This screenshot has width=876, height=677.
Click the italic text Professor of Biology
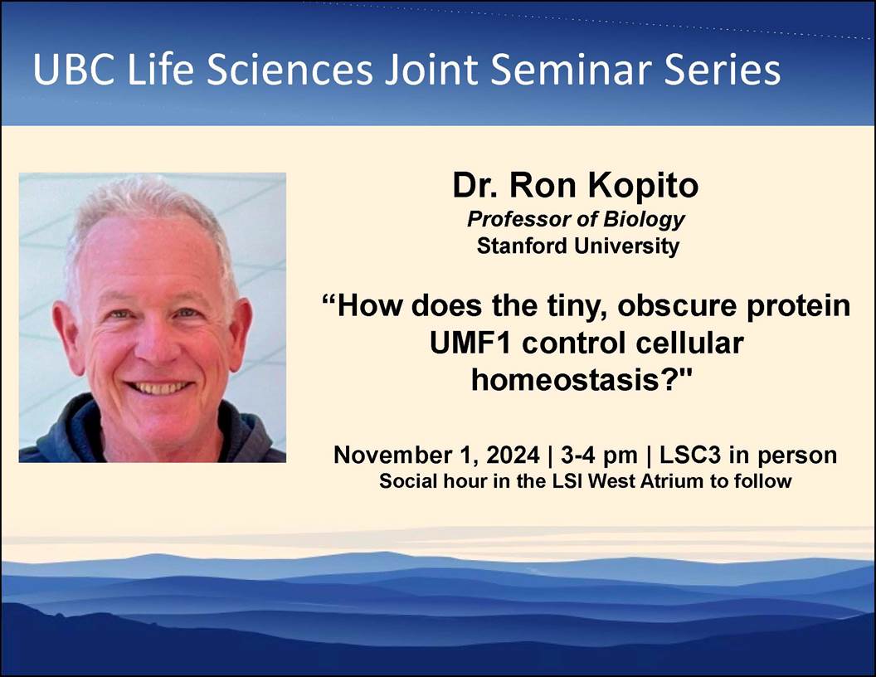pyautogui.click(x=576, y=220)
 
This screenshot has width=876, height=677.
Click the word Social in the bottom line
pyautogui.click(x=406, y=480)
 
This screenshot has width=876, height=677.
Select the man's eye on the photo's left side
pyautogui.click(x=118, y=315)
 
